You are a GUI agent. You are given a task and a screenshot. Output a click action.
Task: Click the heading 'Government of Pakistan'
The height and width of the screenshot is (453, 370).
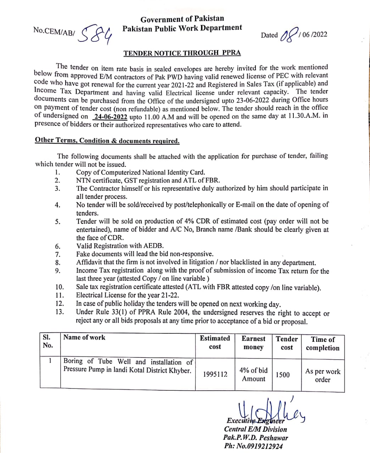coord(182,19)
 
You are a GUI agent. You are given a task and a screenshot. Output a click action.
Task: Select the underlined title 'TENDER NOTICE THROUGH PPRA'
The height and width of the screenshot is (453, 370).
coord(182,53)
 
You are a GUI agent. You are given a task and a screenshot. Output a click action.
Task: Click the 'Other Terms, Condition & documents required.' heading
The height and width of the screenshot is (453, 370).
coord(107,141)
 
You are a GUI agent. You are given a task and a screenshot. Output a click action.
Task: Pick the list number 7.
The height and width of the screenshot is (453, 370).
coord(57,254)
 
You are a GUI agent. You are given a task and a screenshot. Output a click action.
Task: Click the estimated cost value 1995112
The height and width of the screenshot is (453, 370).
coord(215,374)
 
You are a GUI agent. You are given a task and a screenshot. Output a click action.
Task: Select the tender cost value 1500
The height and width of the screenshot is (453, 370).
coord(282,374)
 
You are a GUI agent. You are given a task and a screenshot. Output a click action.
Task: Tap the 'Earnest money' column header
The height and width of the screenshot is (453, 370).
coord(253,343)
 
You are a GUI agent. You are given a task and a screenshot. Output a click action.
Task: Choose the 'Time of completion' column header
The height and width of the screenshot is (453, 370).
coord(323,343)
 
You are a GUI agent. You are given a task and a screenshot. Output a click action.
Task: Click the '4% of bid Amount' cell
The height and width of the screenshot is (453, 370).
coord(253,374)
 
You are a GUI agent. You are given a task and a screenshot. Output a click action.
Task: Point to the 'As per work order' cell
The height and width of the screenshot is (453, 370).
coord(323,375)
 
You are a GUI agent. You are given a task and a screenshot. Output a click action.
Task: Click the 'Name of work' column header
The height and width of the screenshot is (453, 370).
coord(84,337)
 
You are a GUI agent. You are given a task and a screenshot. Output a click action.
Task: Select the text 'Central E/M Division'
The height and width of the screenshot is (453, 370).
coord(256,429)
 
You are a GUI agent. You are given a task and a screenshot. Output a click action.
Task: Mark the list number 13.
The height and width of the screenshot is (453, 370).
coord(59,312)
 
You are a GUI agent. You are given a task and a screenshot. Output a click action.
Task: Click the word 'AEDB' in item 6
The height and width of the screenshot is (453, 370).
coord(153,246)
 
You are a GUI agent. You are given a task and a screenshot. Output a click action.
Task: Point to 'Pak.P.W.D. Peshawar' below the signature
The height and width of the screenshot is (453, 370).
coord(256,437)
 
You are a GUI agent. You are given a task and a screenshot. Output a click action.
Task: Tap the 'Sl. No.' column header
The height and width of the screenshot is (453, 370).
coord(47,341)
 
